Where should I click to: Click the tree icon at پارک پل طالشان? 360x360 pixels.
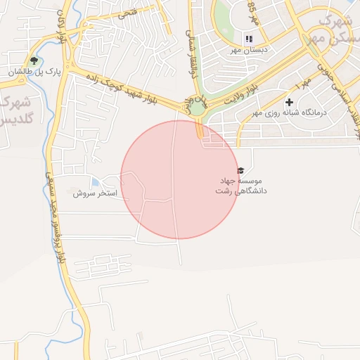click(33, 60)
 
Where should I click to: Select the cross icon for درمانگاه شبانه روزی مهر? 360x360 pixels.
click(288, 103)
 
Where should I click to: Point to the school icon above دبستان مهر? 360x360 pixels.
click(247, 39)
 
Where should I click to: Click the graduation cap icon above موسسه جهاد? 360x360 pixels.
click(241, 171)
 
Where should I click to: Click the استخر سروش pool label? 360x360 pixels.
click(96, 193)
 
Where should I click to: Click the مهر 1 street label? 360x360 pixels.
click(303, 84)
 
